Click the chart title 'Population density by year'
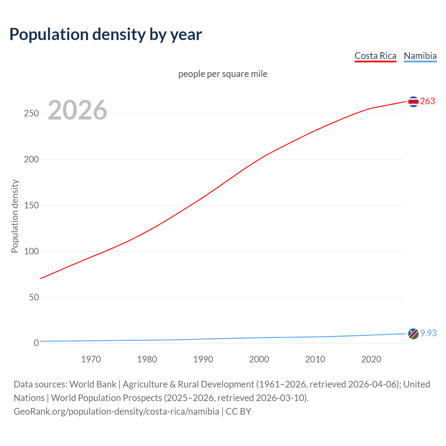coord(106,34)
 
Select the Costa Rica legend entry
coord(375,56)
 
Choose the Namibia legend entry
coord(420,56)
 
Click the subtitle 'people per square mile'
coord(223,74)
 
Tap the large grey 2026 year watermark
coord(77,110)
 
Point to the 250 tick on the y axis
coord(31,114)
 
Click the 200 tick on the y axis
coord(31,160)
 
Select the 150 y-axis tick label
coord(31,206)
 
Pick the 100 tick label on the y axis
coord(31,251)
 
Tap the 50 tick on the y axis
coord(34,297)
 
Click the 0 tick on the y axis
coord(36,343)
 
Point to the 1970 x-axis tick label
coord(91,359)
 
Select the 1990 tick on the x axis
coord(203,359)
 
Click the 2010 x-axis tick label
coord(315,359)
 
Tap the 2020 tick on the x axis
coord(371,359)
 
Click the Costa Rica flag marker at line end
coord(413,101)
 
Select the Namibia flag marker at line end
coord(413,333)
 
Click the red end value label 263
coord(428,101)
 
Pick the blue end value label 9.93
coord(428,333)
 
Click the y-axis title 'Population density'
coord(15,216)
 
